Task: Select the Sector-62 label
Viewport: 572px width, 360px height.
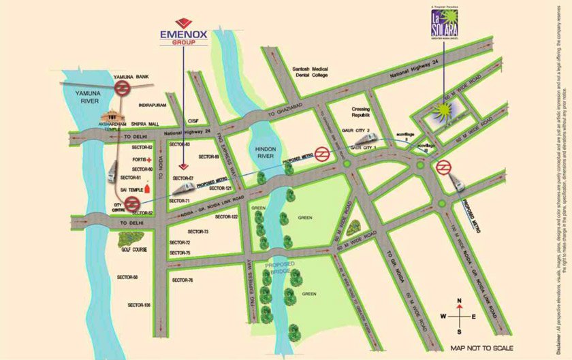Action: point(142,148)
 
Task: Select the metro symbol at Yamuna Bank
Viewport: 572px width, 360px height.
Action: point(123,89)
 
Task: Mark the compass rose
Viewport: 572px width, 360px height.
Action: point(459,315)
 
